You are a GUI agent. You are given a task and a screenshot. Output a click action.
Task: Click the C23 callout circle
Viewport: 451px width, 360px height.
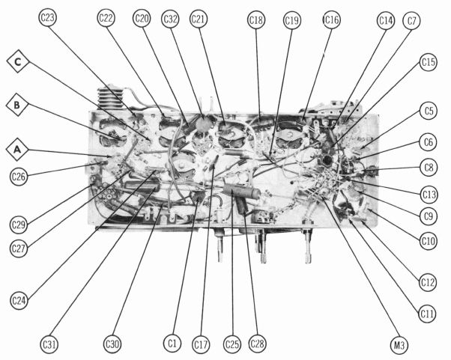[x=47, y=17]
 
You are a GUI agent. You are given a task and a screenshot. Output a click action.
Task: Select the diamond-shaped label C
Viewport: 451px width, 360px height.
[x=18, y=61]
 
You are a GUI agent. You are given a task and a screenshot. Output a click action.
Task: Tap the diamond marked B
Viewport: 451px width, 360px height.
[x=17, y=105]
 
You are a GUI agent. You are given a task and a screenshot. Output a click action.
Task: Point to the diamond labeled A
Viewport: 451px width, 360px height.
[x=17, y=150]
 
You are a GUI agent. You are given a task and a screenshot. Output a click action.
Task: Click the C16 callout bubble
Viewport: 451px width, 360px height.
[x=332, y=19]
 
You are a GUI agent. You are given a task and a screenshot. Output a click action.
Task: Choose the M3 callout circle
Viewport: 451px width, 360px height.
[x=399, y=345]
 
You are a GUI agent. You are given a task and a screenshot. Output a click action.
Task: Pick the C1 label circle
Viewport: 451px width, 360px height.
[x=172, y=344]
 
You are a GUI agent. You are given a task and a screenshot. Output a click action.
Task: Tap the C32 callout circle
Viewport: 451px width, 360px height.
[x=170, y=19]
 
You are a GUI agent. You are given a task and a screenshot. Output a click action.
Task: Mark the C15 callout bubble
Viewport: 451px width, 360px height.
[x=429, y=62]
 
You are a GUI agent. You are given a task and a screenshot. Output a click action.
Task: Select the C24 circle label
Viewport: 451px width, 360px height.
[x=19, y=301]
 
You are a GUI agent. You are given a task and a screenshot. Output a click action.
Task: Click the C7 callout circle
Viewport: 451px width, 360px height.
[x=411, y=20]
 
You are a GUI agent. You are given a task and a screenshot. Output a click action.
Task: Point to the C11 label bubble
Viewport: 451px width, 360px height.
[x=427, y=314]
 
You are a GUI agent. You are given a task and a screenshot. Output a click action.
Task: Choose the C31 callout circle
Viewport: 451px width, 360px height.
[x=49, y=344]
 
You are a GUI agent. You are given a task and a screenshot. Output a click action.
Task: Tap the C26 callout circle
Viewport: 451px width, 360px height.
[x=19, y=176]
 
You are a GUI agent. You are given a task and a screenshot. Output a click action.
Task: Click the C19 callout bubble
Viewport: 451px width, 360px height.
[x=292, y=20]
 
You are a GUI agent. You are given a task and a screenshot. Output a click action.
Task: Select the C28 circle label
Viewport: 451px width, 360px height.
[x=257, y=344]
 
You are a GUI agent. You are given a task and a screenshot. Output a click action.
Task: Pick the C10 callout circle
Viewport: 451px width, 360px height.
[x=429, y=240]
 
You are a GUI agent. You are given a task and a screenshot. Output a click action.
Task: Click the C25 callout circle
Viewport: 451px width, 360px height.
[x=231, y=344]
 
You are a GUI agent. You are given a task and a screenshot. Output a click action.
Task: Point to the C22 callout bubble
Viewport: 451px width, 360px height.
[x=106, y=18]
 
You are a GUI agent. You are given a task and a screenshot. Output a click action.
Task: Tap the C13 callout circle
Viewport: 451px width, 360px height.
[x=429, y=195]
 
